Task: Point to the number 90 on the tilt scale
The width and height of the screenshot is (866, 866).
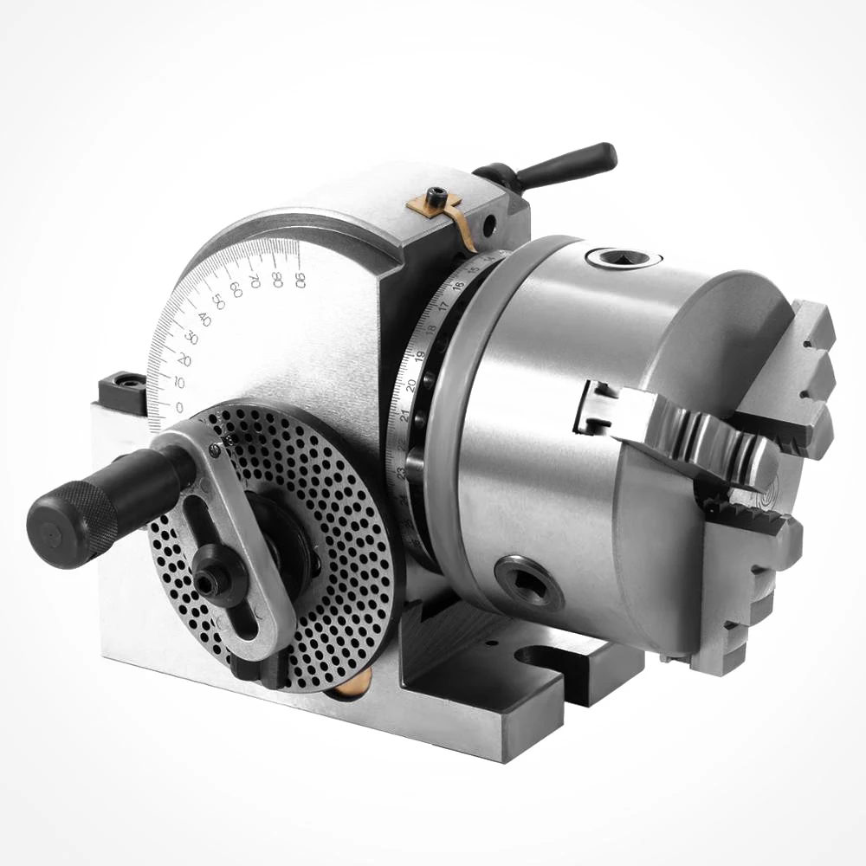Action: pos(299,278)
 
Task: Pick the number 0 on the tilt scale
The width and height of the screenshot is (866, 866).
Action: pos(178,407)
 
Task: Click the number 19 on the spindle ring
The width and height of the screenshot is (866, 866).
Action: pos(419,356)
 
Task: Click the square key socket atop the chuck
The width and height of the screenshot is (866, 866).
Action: pos(622,257)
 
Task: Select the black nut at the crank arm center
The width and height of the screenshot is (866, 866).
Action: pos(210,583)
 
